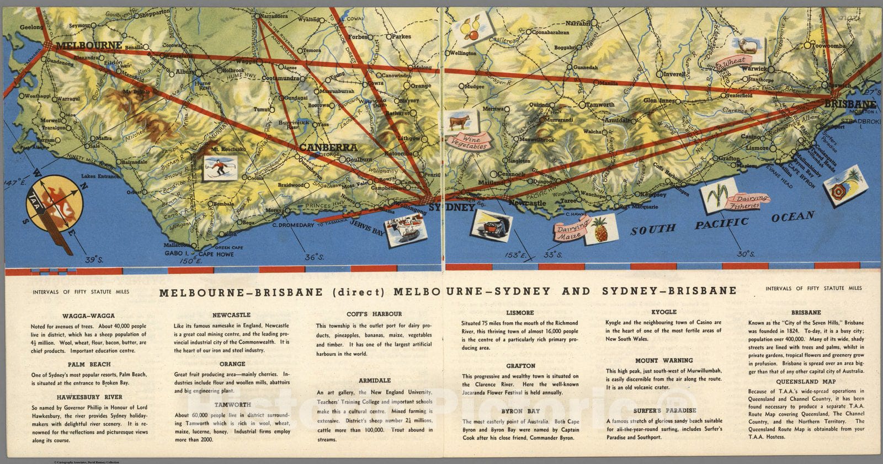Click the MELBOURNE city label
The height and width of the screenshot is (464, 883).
point(88,46)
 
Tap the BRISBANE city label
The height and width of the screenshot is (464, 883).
point(850,104)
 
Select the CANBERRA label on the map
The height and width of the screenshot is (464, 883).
point(328,147)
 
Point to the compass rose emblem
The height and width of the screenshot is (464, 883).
point(54,204)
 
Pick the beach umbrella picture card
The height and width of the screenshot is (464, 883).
point(845,185)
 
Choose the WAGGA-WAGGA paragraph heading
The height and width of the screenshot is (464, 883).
point(88,316)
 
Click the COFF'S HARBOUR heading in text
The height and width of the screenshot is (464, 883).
point(374,314)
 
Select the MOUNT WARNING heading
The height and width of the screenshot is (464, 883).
point(664,360)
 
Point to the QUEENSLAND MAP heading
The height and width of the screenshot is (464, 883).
point(806,381)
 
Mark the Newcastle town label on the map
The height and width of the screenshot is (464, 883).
point(527,203)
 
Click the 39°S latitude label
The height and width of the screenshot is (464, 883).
point(94,258)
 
